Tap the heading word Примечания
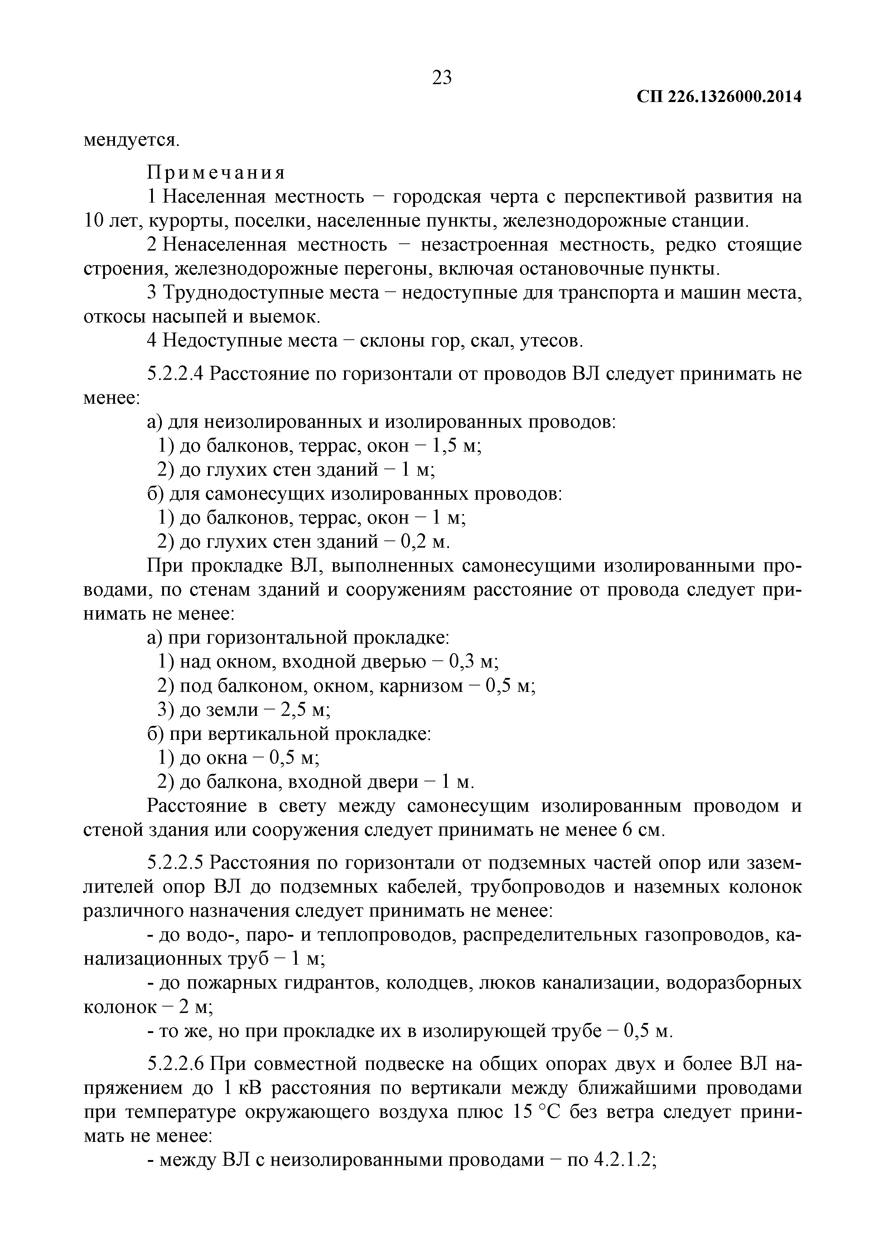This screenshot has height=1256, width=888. click(x=216, y=173)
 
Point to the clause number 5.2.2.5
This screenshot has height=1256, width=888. click(x=175, y=863)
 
